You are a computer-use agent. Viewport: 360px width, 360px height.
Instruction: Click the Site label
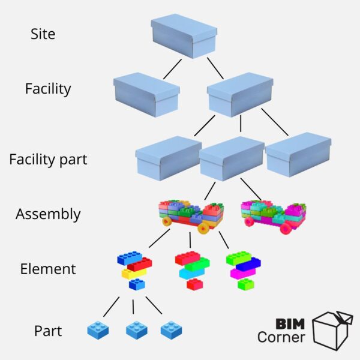pos(43,34)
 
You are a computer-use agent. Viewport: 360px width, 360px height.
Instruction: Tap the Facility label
pos(48,89)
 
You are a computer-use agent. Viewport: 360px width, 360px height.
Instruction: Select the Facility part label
pos(48,160)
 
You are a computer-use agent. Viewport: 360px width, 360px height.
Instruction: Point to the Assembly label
pos(48,214)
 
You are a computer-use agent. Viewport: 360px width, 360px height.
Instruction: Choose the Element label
pos(48,269)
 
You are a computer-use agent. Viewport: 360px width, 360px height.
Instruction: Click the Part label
pos(48,331)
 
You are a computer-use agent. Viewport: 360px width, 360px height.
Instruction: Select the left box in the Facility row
pos(146,94)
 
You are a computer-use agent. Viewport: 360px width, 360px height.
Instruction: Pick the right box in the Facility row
pos(240,94)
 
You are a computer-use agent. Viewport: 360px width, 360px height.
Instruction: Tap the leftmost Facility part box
pos(168,158)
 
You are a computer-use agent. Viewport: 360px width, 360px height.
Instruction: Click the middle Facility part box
pos(232,158)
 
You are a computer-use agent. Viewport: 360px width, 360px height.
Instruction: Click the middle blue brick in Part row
pos(137,329)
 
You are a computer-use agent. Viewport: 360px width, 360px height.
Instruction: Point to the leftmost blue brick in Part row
pos(98,329)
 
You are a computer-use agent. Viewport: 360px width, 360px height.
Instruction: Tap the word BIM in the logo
pos(289,323)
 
